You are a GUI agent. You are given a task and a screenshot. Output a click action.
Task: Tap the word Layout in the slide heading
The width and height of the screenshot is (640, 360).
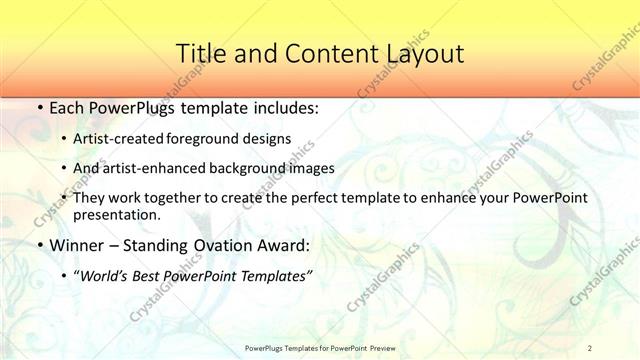click(x=421, y=54)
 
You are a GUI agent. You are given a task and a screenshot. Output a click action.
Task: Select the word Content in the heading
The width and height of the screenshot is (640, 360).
click(x=320, y=54)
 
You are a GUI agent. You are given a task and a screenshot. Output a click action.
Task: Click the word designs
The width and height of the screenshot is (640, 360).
click(x=273, y=139)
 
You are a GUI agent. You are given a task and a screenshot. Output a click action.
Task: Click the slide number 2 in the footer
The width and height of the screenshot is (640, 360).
click(x=590, y=347)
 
